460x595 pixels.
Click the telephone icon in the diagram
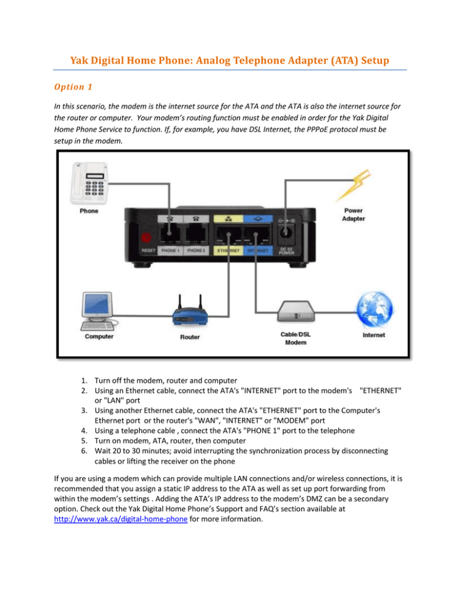(89, 183)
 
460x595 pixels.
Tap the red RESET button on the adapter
(146, 238)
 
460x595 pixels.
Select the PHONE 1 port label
(170, 250)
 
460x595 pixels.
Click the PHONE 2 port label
(196, 250)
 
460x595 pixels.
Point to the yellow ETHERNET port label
(228, 250)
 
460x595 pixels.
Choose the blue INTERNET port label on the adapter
(258, 250)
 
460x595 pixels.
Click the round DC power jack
(286, 232)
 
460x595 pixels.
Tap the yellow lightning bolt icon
(353, 185)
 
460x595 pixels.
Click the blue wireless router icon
(190, 312)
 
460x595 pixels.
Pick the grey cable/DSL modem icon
(296, 311)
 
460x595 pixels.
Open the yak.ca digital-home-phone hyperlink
(121, 519)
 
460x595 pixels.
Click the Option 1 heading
(73, 87)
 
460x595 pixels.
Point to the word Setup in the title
(375, 60)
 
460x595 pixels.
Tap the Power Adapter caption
(353, 214)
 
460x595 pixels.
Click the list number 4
(84, 431)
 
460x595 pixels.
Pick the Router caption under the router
(190, 337)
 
